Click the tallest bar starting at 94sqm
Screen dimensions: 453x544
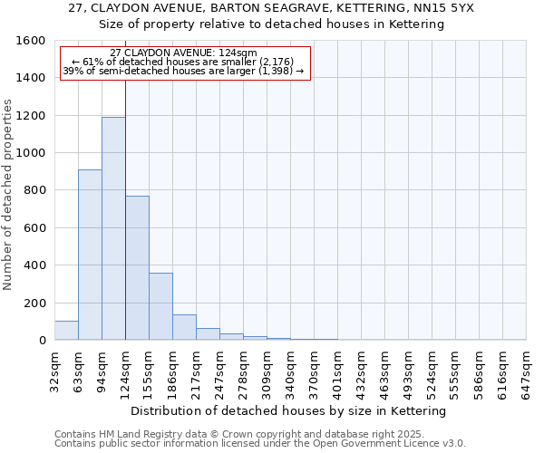[113, 228]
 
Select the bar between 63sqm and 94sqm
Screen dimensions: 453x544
[90, 255]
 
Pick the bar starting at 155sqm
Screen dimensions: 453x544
[160, 306]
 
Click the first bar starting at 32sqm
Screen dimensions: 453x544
[66, 331]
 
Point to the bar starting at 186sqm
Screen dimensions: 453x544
[184, 327]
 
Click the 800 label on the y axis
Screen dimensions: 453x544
[34, 190]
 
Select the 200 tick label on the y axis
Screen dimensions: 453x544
[34, 303]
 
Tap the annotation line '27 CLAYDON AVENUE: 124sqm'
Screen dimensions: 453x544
[184, 53]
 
